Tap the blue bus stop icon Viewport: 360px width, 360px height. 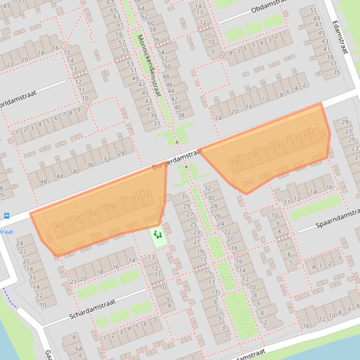click(x=7, y=216)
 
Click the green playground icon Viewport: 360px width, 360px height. click(x=158, y=234)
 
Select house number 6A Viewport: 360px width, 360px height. click(x=79, y=349)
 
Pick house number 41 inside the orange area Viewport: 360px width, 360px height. click(x=58, y=227)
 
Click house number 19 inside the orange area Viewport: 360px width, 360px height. click(x=235, y=162)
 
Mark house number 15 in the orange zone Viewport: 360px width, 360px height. click(x=253, y=156)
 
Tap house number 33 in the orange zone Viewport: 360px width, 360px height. click(x=93, y=214)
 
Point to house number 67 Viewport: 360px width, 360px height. click(x=113, y=2)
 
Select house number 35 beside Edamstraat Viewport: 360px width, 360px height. click(x=336, y=72)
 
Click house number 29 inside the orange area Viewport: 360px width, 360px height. click(x=110, y=207)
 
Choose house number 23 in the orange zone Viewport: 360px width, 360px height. click(x=136, y=199)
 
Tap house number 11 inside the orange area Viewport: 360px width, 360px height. click(x=268, y=149)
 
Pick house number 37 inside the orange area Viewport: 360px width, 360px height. click(x=76, y=220)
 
